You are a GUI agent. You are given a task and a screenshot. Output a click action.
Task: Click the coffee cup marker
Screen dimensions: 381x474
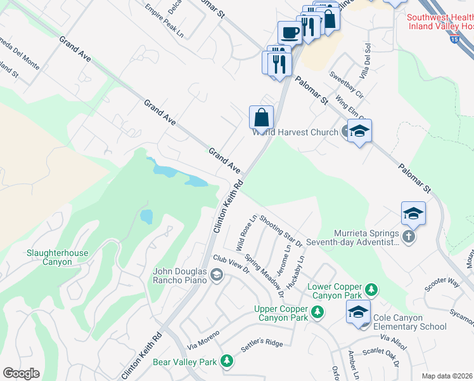coord(290,32)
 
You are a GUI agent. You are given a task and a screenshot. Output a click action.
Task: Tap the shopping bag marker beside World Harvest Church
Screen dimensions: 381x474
coord(261,117)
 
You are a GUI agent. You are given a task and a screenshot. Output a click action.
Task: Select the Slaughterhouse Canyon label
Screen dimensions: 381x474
coord(57,257)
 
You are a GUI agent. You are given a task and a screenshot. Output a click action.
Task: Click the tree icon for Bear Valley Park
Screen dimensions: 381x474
coord(226,362)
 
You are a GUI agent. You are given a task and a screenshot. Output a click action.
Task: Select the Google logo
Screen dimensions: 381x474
coord(21,373)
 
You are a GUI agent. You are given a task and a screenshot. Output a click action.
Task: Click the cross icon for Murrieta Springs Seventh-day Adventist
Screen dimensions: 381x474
coord(409,237)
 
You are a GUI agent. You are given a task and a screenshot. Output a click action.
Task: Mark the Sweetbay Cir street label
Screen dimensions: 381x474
coord(346,84)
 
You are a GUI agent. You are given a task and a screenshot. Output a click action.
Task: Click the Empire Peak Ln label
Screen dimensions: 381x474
coord(163,20)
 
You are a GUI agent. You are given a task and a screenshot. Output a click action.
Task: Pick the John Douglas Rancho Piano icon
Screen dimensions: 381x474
coord(217,274)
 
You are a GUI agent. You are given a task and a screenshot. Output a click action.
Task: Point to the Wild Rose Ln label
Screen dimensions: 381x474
coord(246,232)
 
